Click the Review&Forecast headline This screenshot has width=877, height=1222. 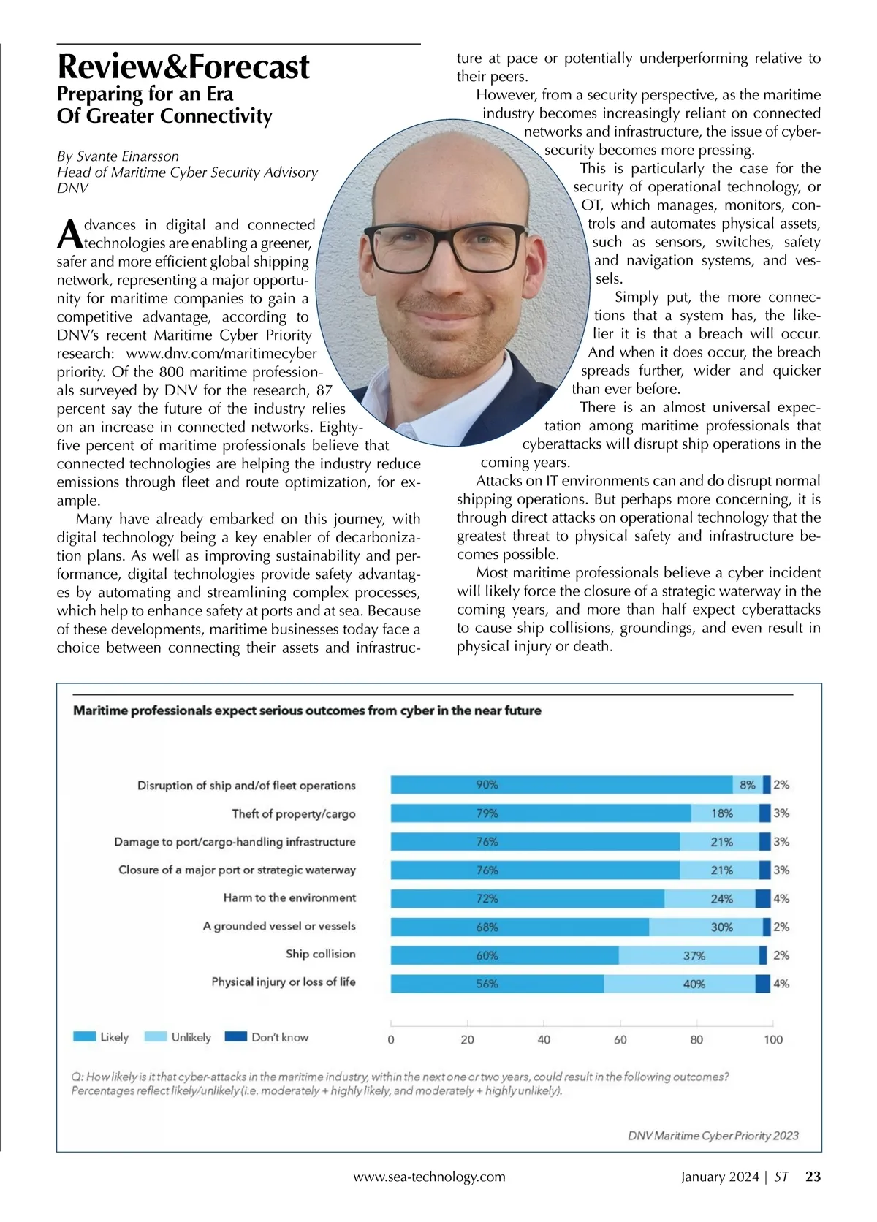[183, 67]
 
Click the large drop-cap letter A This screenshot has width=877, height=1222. [68, 233]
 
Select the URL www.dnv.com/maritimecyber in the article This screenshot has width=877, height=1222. [221, 354]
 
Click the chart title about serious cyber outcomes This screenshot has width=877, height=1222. [307, 710]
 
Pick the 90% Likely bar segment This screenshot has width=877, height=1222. [561, 785]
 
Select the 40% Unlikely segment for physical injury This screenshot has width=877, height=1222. [680, 984]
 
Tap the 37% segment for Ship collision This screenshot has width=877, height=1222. [688, 955]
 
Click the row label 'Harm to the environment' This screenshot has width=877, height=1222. [289, 898]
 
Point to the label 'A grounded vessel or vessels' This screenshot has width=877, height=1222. [279, 926]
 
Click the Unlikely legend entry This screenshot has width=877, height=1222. [179, 1037]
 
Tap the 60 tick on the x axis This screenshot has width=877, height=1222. [620, 1039]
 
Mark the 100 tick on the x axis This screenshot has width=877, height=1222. [772, 1039]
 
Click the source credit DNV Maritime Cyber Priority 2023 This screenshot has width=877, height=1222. [713, 1136]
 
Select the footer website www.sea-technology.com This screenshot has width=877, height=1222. [429, 1177]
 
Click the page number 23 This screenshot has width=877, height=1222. [813, 1177]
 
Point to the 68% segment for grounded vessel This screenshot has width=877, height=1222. [520, 927]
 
